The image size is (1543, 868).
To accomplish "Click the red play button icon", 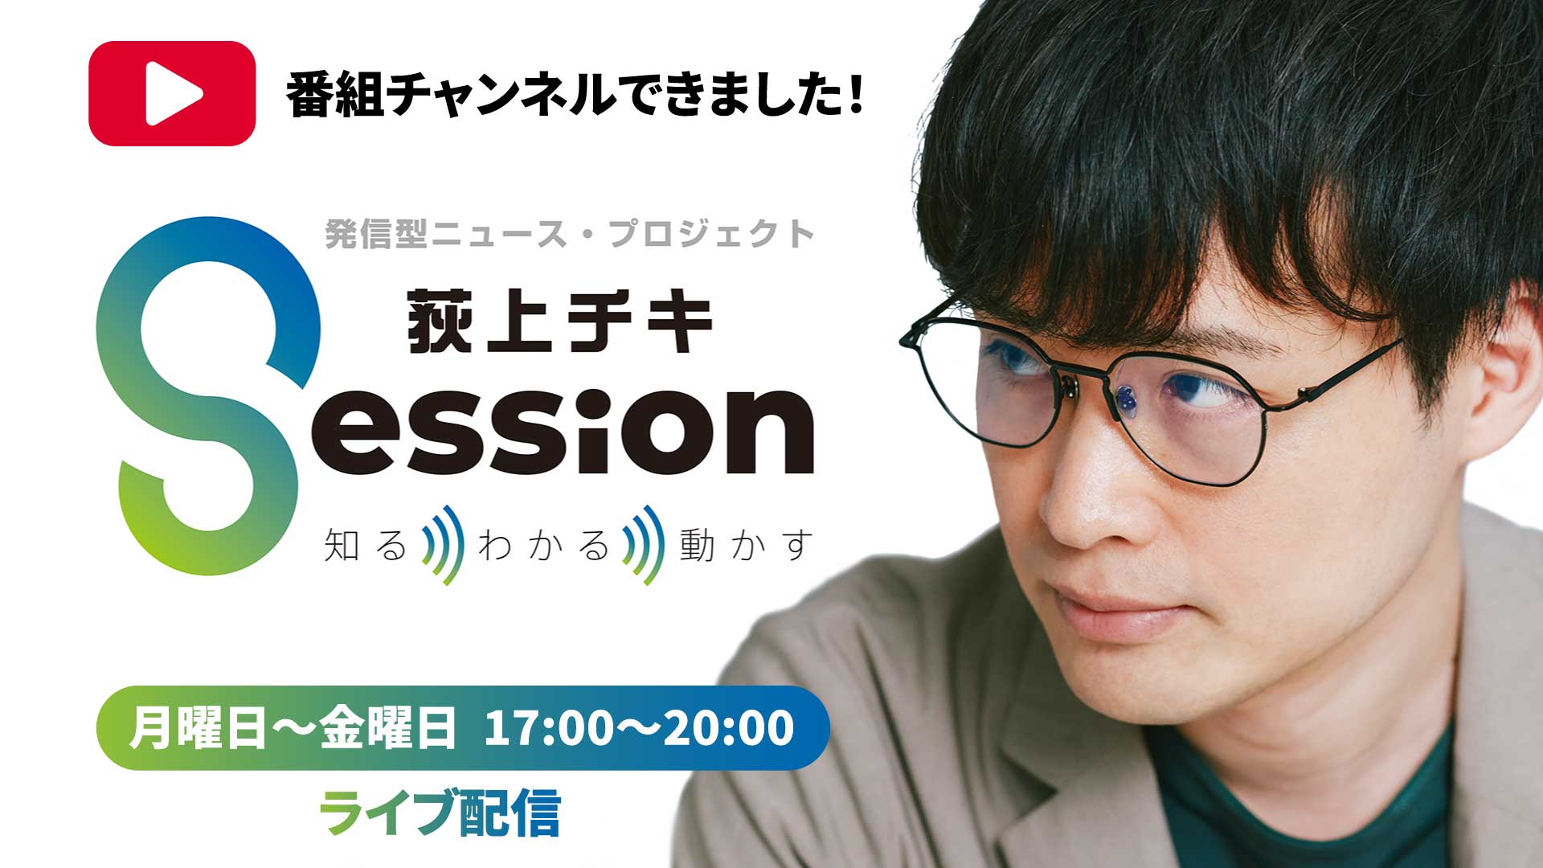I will click(172, 93).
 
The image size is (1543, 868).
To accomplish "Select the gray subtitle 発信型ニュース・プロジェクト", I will click(570, 234).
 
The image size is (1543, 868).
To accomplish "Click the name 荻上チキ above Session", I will click(560, 322).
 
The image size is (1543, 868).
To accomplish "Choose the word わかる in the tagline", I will click(543, 545).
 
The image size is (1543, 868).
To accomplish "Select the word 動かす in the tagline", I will click(746, 545).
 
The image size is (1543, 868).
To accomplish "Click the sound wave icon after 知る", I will click(444, 545).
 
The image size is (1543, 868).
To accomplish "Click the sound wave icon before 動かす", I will click(645, 545).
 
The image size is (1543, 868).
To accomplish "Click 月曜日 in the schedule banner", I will click(197, 728).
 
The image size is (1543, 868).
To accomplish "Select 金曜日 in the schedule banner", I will click(388, 728).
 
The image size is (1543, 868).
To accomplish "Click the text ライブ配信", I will click(440, 813).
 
